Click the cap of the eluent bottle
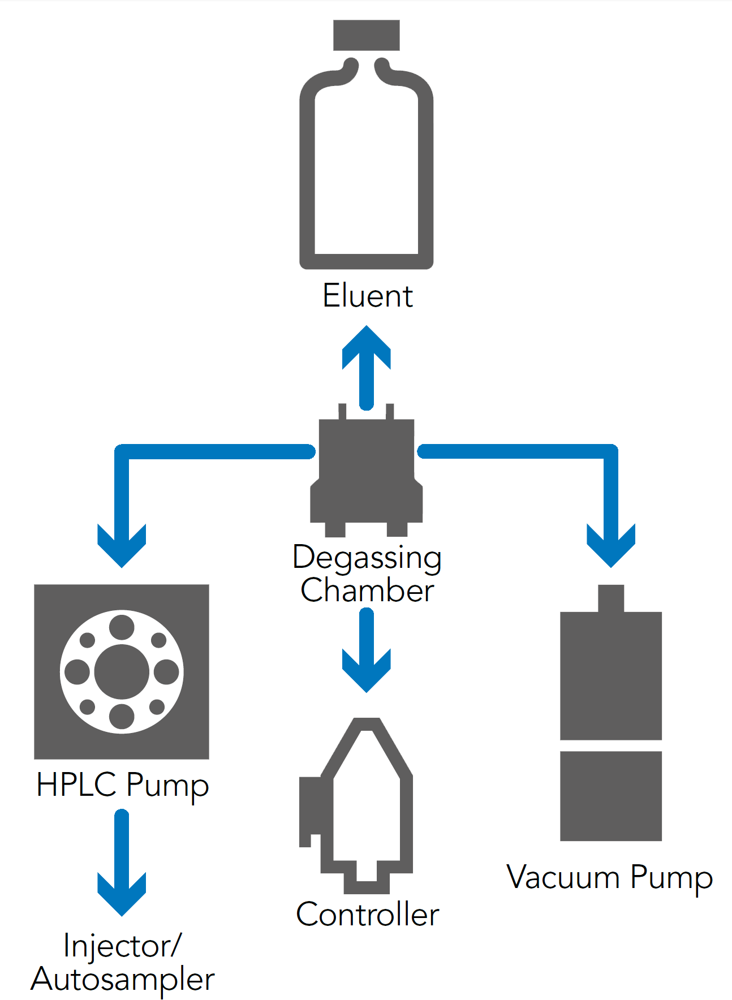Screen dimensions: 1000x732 tap(366, 35)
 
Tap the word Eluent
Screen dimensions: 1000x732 tap(368, 296)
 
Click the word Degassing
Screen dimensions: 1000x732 tap(367, 558)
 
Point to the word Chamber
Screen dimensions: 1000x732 tap(367, 591)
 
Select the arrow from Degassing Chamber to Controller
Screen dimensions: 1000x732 tap(367, 650)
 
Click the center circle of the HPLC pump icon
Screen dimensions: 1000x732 tap(122, 672)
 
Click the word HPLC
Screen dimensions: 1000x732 tap(76, 785)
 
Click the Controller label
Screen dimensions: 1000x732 tap(368, 915)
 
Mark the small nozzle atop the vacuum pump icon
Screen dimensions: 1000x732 tap(611, 598)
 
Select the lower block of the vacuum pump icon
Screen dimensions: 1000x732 tap(611, 796)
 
